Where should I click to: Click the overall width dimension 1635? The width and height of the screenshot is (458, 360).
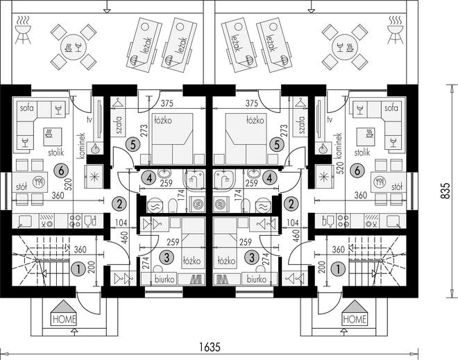click(x=210, y=347)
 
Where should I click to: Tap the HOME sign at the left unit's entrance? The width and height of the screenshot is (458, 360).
click(x=65, y=319)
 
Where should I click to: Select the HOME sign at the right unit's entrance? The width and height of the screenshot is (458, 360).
click(x=355, y=319)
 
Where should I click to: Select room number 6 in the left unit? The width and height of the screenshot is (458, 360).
click(x=61, y=171)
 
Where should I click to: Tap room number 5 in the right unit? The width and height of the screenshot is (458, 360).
click(x=277, y=145)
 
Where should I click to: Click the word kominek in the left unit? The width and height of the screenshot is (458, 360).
click(x=81, y=146)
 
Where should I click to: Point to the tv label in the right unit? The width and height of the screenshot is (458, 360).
click(x=330, y=119)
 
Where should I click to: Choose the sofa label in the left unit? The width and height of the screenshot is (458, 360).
click(x=26, y=108)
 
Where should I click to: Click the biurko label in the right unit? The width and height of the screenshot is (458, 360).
click(x=257, y=280)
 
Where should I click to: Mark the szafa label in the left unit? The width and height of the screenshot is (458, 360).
click(x=119, y=125)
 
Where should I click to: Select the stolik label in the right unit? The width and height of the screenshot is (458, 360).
click(x=362, y=152)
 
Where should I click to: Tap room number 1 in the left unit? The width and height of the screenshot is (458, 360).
click(x=78, y=269)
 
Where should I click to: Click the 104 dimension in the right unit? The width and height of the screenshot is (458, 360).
click(x=292, y=223)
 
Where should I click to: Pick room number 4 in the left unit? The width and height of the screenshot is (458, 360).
click(x=149, y=178)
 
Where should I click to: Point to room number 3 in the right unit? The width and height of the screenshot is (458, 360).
click(x=252, y=257)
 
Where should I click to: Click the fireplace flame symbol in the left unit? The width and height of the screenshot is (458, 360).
click(x=95, y=149)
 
